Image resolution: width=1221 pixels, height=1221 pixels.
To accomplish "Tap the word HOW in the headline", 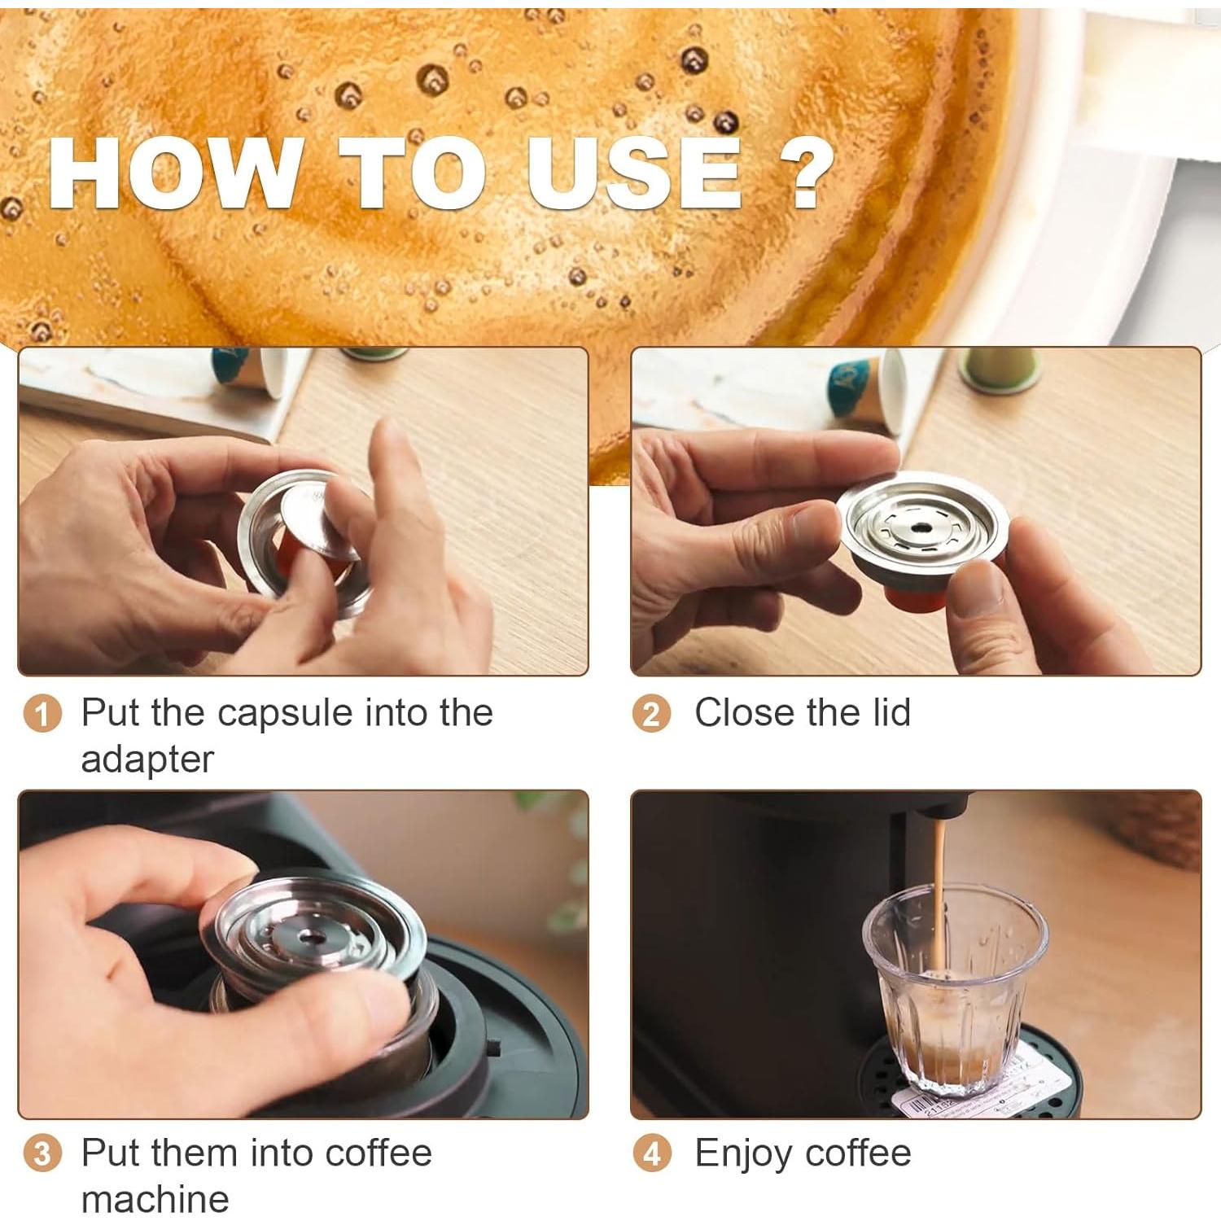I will tap(174, 173).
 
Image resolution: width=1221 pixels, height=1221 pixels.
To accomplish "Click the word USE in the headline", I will tap(634, 173).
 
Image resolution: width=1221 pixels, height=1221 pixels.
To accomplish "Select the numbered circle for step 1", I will tap(42, 715).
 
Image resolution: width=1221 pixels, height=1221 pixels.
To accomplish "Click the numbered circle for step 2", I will tap(651, 715).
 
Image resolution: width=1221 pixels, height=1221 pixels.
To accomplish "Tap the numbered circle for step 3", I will tap(42, 1155).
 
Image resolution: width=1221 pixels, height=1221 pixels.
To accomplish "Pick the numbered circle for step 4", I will tap(651, 1155).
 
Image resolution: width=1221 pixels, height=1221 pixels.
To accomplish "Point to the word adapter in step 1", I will tap(147, 759).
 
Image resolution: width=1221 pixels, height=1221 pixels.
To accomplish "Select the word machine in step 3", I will tap(155, 1199).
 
